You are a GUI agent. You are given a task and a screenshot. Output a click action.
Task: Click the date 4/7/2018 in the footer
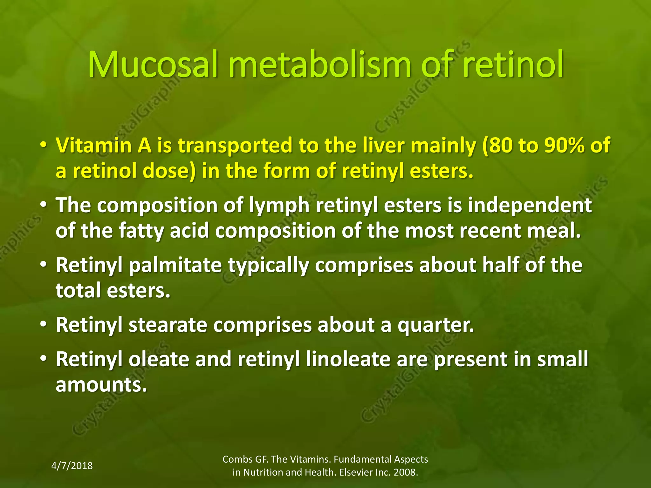coord(72,466)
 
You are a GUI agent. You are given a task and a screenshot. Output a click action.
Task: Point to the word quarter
coord(435,326)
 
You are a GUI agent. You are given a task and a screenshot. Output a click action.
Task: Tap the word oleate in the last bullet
coord(159,359)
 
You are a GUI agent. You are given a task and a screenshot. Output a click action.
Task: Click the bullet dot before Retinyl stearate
coord(43,325)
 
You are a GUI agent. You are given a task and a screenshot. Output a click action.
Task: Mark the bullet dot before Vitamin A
coord(43,146)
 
